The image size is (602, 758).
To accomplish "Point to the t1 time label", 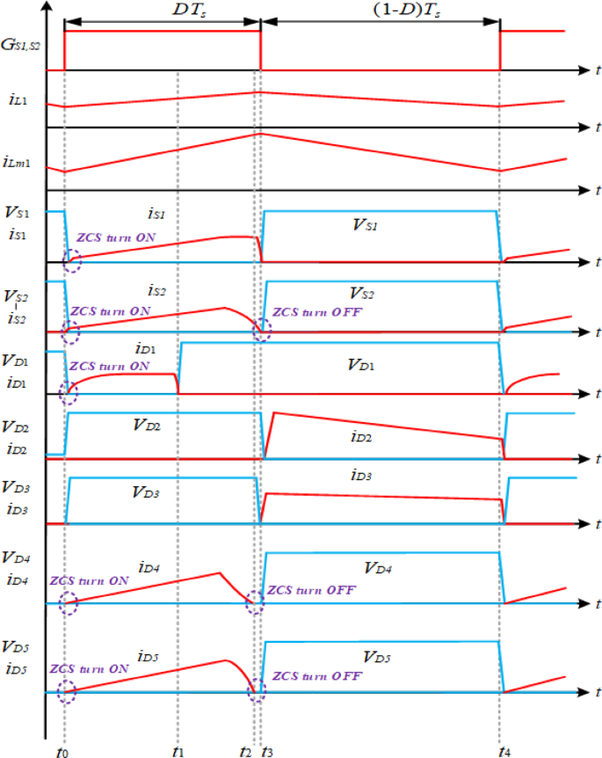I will (x=178, y=747).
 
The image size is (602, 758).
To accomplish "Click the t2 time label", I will (x=245, y=747).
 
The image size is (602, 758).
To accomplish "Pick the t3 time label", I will (x=267, y=747).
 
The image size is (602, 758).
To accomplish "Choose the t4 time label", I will (x=504, y=747).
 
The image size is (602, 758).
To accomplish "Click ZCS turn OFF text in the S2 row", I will (x=313, y=312).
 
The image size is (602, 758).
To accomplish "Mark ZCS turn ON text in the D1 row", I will (x=109, y=366).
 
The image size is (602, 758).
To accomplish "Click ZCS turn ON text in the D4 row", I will (x=89, y=581).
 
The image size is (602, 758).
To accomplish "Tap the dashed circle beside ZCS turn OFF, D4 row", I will (x=255, y=602).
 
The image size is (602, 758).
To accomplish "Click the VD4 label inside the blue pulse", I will (x=379, y=570).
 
